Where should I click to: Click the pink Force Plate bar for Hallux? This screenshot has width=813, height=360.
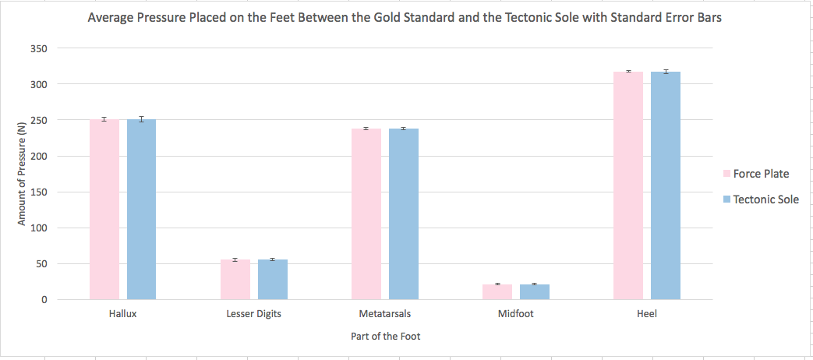(104, 210)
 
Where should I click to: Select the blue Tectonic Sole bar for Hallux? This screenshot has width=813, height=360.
(142, 210)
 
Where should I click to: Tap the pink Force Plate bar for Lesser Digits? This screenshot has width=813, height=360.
(235, 280)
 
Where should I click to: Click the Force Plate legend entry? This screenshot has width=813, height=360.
(760, 174)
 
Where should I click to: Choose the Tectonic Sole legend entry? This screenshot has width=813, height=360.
(766, 199)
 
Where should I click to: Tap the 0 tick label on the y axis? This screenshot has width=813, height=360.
(67, 300)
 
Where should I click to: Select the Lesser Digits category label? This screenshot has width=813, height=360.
(253, 314)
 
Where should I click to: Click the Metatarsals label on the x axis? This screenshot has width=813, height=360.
(385, 314)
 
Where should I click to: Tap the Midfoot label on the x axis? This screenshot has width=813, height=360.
(516, 314)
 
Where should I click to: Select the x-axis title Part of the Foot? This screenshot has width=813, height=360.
(385, 337)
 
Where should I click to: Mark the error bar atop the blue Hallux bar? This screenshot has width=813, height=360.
(142, 119)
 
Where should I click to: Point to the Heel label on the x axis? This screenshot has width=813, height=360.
(647, 314)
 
